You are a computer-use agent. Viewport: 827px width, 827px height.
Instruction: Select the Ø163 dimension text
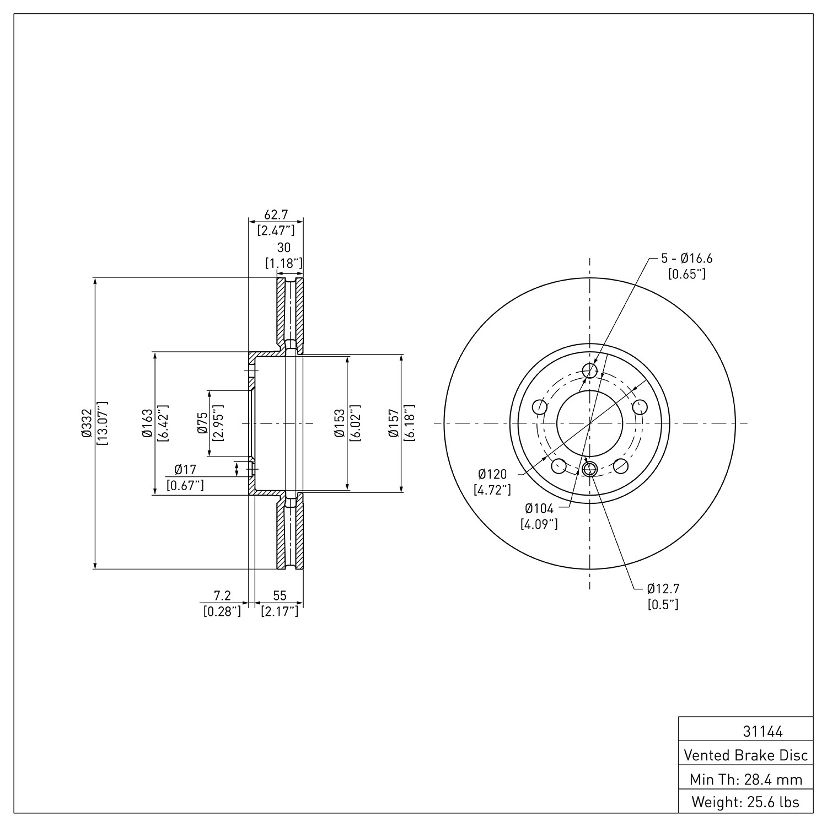click(x=147, y=423)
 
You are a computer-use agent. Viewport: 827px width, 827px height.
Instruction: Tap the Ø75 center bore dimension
click(x=202, y=423)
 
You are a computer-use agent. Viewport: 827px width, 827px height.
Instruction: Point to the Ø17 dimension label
click(x=185, y=470)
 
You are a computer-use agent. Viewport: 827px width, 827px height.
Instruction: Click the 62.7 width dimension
click(x=276, y=214)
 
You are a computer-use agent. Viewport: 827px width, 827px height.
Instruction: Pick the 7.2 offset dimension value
click(x=222, y=595)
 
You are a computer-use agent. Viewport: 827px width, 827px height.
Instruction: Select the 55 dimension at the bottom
click(x=280, y=595)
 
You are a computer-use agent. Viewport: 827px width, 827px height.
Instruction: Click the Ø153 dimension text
click(x=340, y=423)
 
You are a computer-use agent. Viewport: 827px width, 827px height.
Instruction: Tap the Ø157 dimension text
click(x=394, y=423)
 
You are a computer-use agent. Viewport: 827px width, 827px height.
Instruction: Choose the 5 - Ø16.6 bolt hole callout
click(x=686, y=258)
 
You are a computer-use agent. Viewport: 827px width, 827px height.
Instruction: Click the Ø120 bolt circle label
click(x=492, y=474)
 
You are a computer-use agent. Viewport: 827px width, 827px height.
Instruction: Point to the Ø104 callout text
click(x=540, y=508)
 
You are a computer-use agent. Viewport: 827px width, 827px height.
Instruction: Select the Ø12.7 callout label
click(x=663, y=588)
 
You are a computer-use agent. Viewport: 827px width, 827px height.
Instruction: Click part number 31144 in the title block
click(x=762, y=732)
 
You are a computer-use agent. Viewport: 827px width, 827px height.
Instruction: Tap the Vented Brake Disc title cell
click(x=746, y=755)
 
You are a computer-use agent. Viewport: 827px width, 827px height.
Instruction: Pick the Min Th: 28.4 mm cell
click(x=746, y=780)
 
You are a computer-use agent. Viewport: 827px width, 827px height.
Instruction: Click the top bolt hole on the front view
click(x=590, y=370)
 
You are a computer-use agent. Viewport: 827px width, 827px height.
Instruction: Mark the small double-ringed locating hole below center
click(x=590, y=469)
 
